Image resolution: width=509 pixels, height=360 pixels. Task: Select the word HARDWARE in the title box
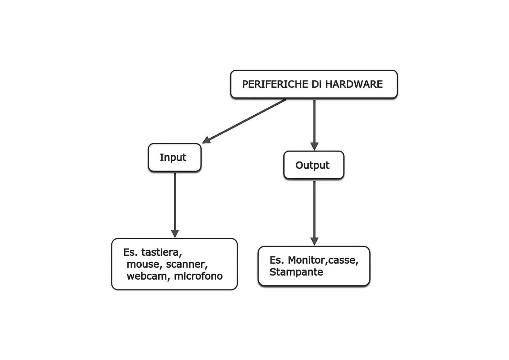354,84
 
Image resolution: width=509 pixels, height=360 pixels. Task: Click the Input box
174,158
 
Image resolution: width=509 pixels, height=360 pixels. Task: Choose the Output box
313,165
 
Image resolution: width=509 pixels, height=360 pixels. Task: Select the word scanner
186,264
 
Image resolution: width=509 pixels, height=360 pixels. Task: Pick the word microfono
198,276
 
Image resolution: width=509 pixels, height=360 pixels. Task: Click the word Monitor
307,260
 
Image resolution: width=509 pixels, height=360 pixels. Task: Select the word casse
343,260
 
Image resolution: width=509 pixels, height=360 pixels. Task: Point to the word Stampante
296,272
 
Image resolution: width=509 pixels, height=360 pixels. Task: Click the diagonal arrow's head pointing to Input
207,140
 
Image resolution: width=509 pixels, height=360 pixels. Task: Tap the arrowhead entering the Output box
314,146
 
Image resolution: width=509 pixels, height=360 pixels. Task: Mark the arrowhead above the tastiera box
175,233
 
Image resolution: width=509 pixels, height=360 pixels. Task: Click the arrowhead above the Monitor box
314,241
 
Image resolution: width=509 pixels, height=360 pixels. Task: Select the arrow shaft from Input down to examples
175,200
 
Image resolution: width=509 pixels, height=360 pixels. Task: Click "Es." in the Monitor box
276,260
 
